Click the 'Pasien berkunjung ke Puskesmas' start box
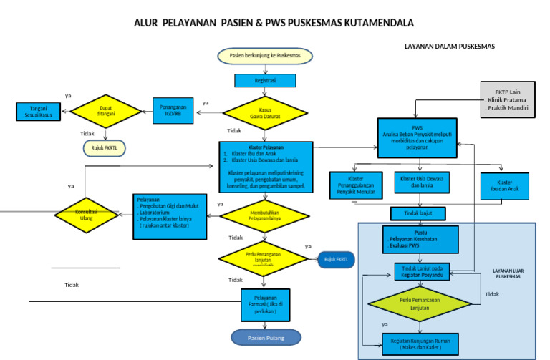(x=265, y=55)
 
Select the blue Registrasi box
(x=265, y=81)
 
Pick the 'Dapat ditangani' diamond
(x=106, y=111)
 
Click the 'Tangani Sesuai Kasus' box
(x=38, y=112)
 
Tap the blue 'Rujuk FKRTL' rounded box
(x=340, y=259)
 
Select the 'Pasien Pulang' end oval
(x=266, y=336)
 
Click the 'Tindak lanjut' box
(x=418, y=213)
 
